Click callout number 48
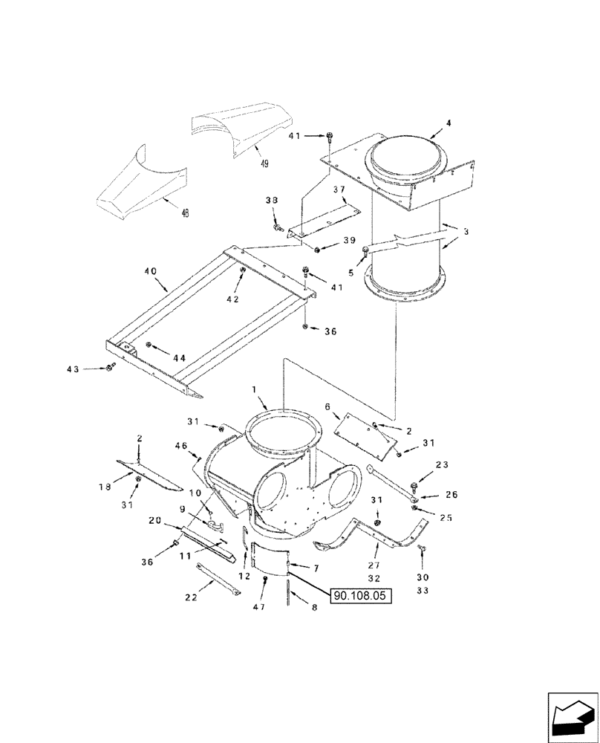pos(184,212)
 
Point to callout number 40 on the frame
pos(150,272)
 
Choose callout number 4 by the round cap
pos(447,122)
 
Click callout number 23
pos(443,466)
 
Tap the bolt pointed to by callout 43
pos(111,368)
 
